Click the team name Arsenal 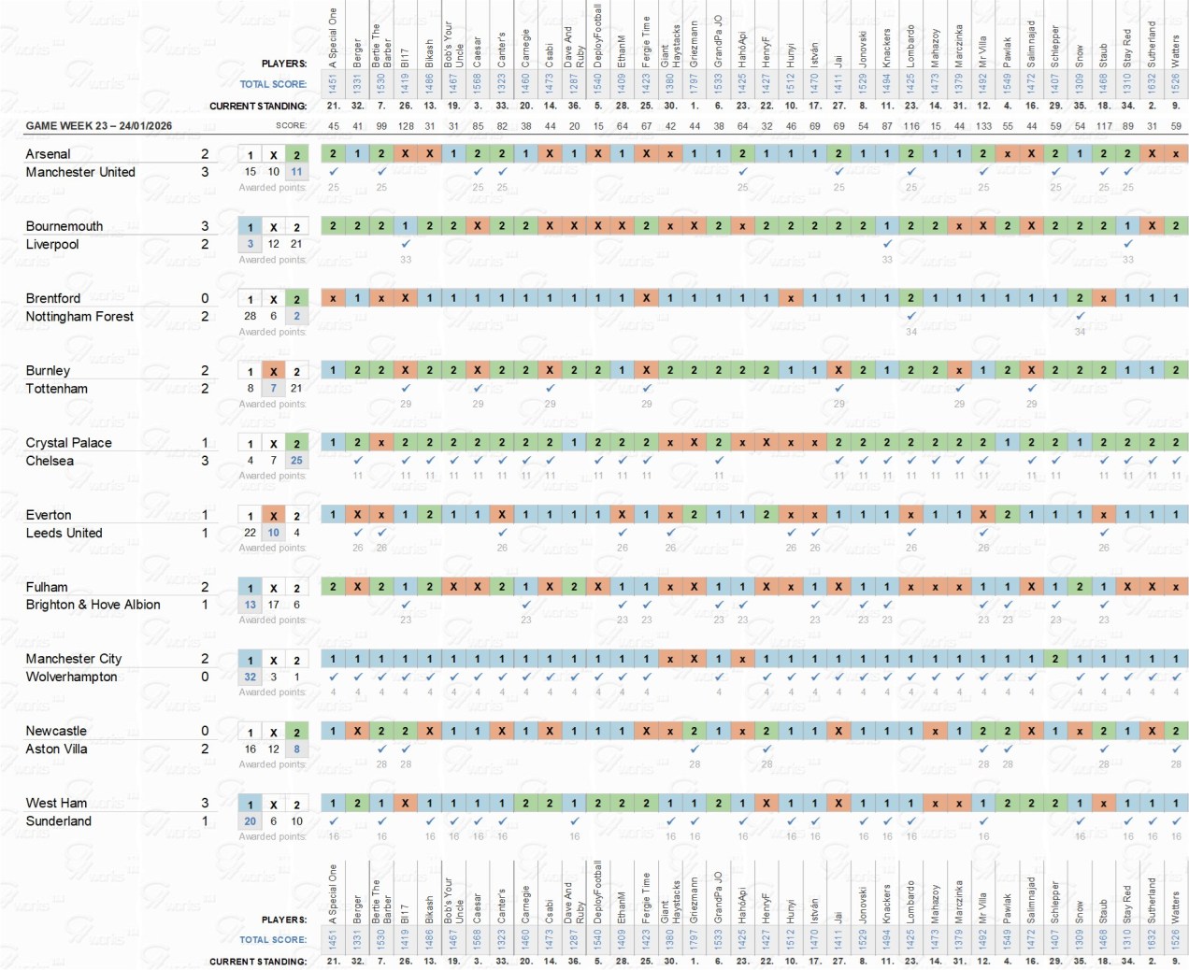pos(48,154)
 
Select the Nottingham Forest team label pos(79,317)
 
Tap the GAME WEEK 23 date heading pos(98,125)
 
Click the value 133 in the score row pos(983,125)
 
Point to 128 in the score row pos(406,125)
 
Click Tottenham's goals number pos(205,389)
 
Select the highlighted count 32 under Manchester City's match pos(250,677)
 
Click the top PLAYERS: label pos(284,64)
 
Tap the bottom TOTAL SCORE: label pos(273,940)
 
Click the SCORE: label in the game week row pos(291,125)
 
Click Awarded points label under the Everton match pos(272,548)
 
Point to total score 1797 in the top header pos(695,83)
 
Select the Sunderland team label pos(58,821)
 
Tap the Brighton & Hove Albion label pos(93,605)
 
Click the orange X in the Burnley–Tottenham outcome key pos(273,371)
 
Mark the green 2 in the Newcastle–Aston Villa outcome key pos(296,732)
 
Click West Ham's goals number pos(205,803)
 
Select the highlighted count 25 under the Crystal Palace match pos(296,461)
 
